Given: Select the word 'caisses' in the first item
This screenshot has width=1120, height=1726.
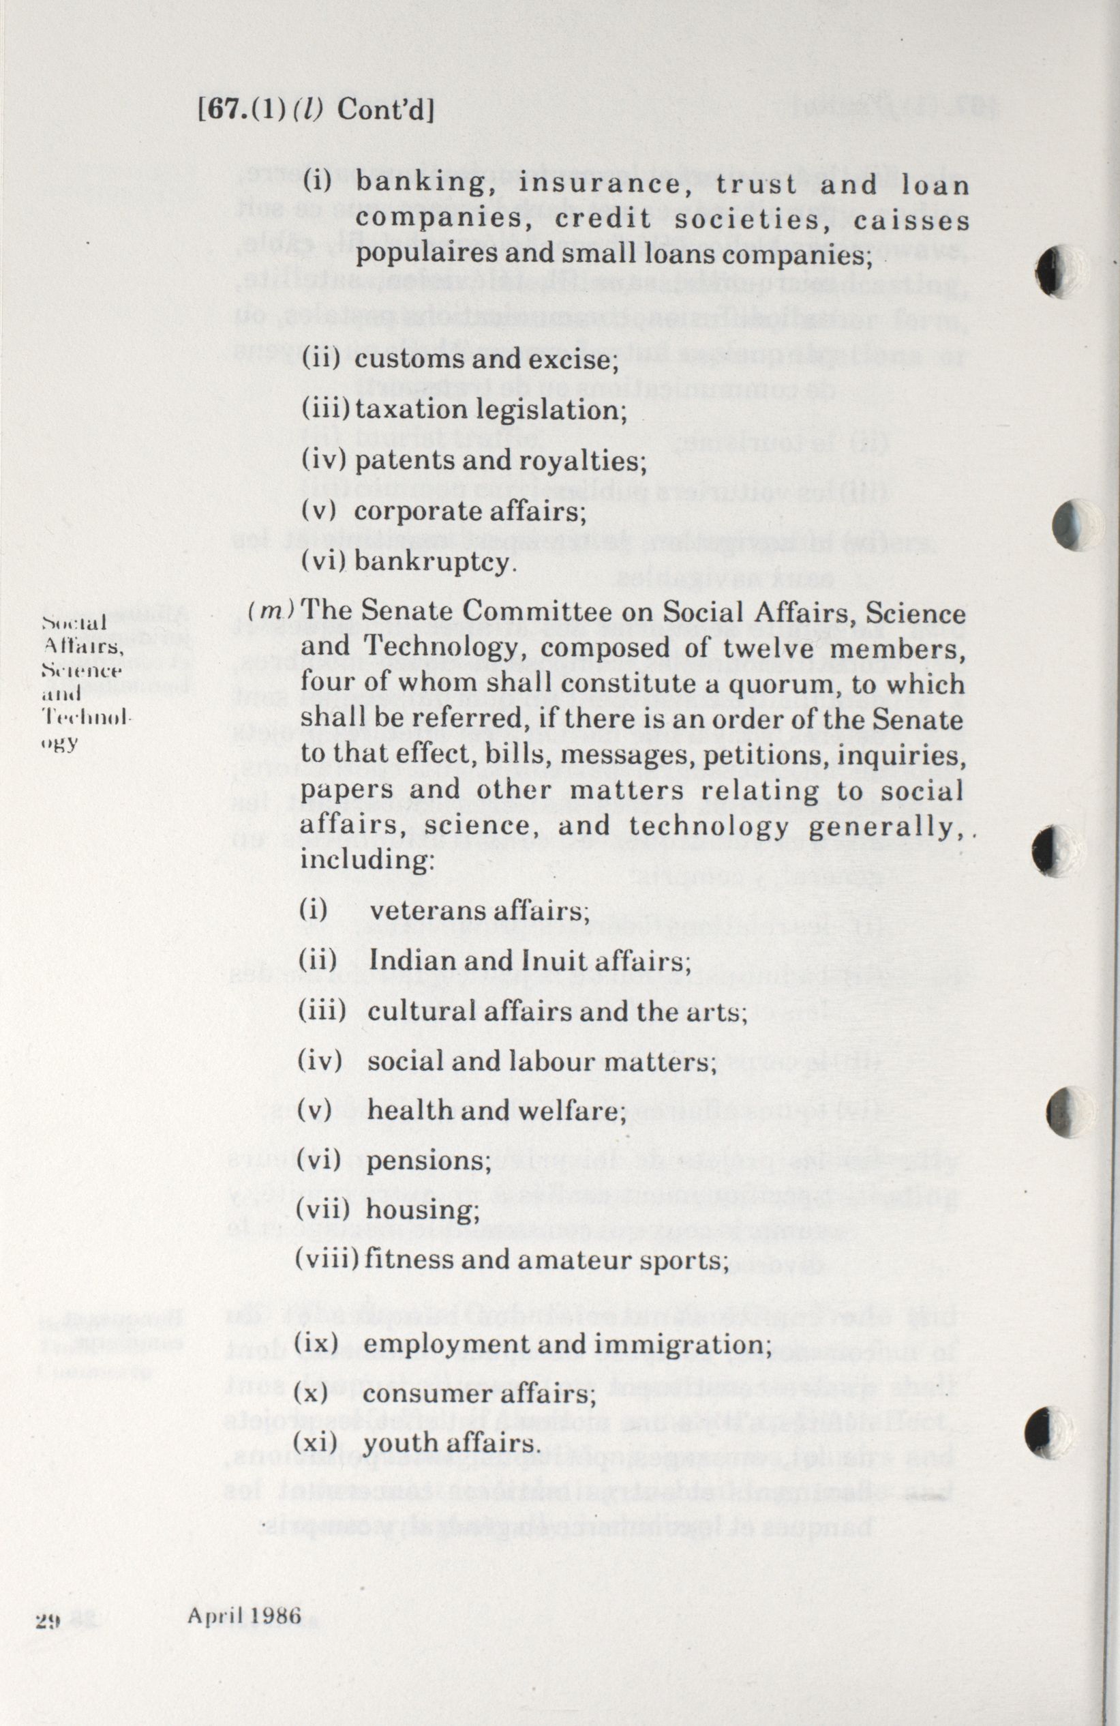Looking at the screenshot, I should (911, 220).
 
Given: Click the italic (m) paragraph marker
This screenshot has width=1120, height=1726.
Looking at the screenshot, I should (271, 611).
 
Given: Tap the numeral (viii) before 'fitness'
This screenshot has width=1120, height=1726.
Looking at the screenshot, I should (328, 1261).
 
